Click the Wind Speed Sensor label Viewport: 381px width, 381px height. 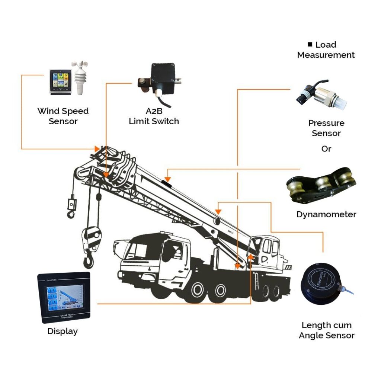point(63,116)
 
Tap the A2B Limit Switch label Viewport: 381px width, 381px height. point(154,116)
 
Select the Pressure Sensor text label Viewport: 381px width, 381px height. point(326,128)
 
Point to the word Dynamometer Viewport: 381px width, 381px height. point(326,215)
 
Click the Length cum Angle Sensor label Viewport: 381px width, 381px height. point(326,330)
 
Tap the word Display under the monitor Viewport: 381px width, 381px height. point(63,331)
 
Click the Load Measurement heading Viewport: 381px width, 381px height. point(326,50)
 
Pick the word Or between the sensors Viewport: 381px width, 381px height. point(326,149)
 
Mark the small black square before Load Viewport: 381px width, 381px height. point(310,45)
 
